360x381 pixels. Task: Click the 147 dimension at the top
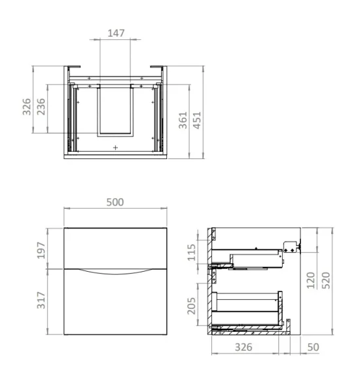coord(116,33)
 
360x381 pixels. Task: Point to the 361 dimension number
coord(183,120)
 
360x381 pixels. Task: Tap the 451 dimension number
coord(197,120)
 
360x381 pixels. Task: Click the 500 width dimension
coord(115,202)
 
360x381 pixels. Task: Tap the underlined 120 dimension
coord(310,280)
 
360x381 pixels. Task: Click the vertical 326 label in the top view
coord(27,106)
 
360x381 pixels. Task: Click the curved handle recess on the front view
coord(116,272)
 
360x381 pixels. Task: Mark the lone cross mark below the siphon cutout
coord(116,148)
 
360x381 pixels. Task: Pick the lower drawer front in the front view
coord(116,304)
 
